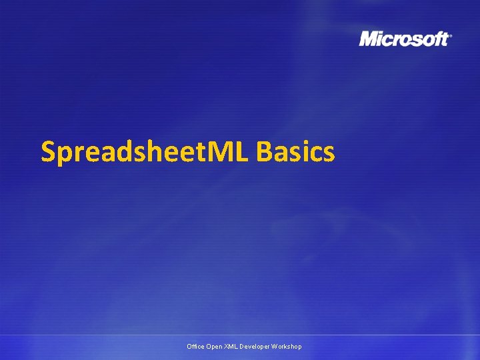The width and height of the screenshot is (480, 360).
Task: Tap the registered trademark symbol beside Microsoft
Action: click(451, 36)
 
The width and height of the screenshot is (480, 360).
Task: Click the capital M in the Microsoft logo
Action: click(369, 39)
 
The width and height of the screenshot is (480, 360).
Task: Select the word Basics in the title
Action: click(295, 152)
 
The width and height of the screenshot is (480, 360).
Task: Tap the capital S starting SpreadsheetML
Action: click(49, 152)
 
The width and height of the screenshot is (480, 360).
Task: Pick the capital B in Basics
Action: click(263, 152)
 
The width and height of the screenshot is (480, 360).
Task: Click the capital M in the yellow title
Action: click(222, 152)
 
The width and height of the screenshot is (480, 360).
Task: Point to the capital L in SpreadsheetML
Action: click(241, 152)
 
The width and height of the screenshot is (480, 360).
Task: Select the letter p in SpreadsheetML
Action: click(64, 155)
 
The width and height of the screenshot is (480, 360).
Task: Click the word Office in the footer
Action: click(196, 347)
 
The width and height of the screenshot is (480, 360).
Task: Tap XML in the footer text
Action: click(231, 347)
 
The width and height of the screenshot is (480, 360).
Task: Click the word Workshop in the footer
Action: click(287, 347)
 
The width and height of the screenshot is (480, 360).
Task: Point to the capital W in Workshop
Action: click(276, 347)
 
